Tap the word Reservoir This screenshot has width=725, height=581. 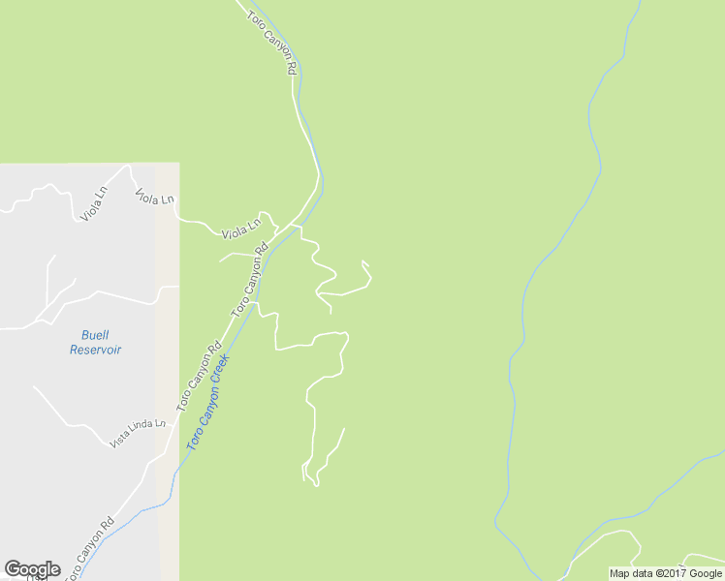point(95,350)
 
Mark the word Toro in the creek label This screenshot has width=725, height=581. point(194,438)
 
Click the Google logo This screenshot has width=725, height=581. point(32,569)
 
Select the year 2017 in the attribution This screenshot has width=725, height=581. point(673,573)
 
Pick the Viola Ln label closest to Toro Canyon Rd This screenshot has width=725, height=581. point(241,230)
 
